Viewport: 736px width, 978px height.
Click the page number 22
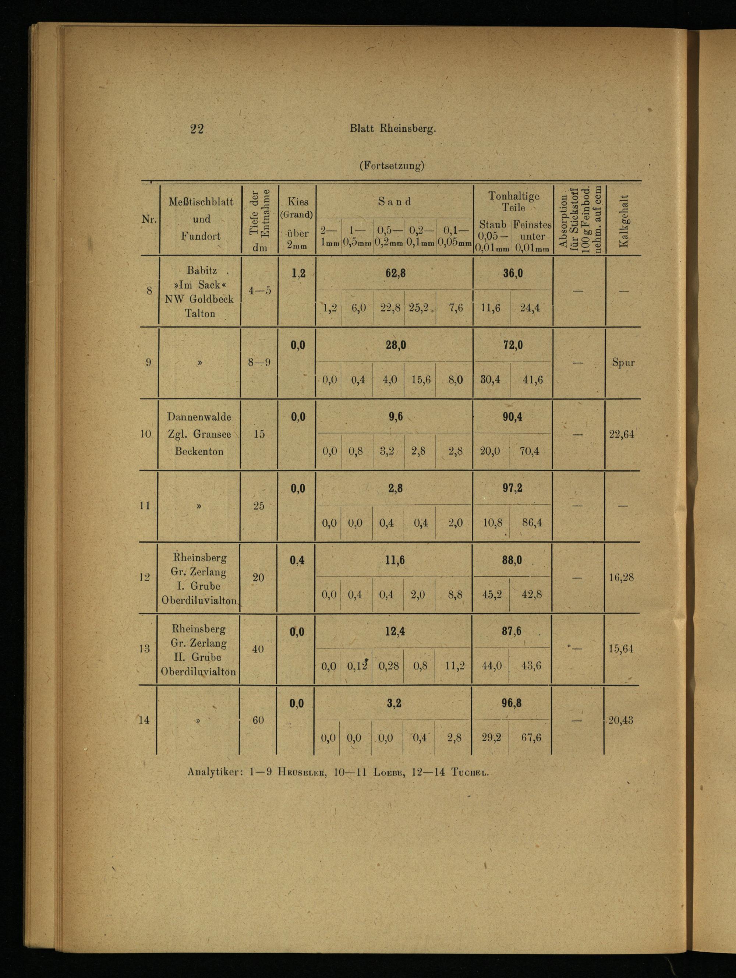point(197,129)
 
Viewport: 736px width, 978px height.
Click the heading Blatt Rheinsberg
point(393,129)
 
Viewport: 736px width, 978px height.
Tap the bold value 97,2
point(512,488)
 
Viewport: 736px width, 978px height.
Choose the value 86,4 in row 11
point(532,523)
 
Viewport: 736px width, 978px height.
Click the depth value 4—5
point(260,290)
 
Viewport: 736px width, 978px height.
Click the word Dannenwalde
point(199,417)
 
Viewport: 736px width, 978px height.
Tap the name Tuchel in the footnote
point(470,772)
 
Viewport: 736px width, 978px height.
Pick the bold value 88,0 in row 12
point(512,560)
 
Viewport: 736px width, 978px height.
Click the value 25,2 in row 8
point(418,308)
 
